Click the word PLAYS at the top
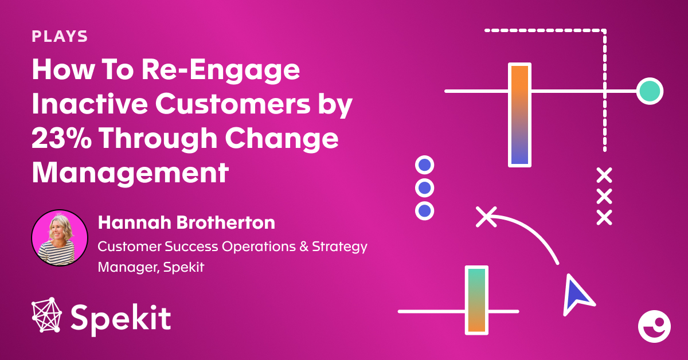coord(60,37)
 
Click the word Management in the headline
coord(130,171)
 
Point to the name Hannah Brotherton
coord(186,222)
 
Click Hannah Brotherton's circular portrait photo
coord(60,238)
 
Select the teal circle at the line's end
coord(649,91)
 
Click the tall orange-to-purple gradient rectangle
coord(519,115)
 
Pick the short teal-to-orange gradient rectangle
coord(476,300)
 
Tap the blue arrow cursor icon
coord(576,294)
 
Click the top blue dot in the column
coord(424,166)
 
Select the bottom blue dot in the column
coord(424,210)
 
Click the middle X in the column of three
coord(604,196)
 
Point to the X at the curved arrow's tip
coord(486,216)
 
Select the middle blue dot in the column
coord(424,188)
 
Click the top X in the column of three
coord(604,175)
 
